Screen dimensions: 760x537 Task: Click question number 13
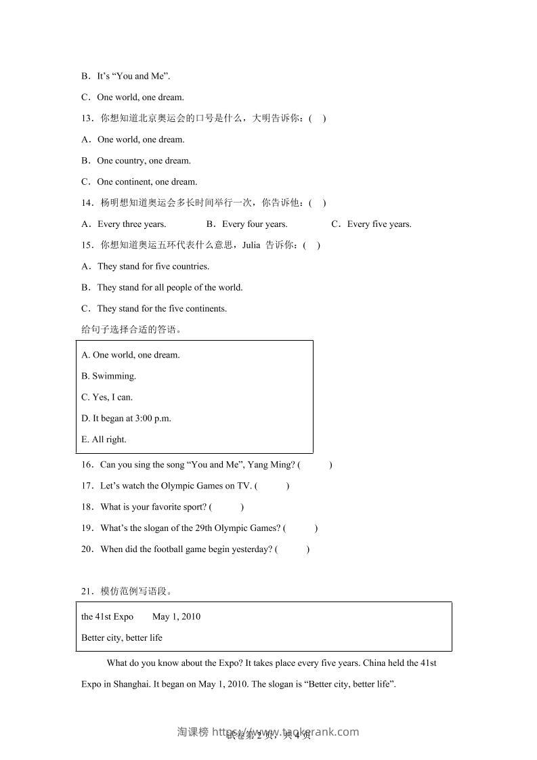tap(86, 119)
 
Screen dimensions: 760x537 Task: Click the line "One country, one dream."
tap(144, 161)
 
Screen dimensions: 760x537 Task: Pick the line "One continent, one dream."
tap(147, 182)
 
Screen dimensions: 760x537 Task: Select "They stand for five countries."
tap(153, 266)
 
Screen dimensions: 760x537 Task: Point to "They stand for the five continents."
tap(162, 308)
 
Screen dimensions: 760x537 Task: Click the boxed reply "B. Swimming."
tap(109, 376)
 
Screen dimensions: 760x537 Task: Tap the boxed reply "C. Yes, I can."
tap(107, 397)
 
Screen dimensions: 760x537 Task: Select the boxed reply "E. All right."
tap(104, 439)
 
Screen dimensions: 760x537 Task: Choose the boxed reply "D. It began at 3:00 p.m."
tap(127, 418)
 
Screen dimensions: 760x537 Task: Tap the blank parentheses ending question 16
tap(315, 465)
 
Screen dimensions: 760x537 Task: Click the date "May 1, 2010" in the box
tap(176, 616)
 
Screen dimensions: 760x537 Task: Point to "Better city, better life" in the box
tap(122, 637)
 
